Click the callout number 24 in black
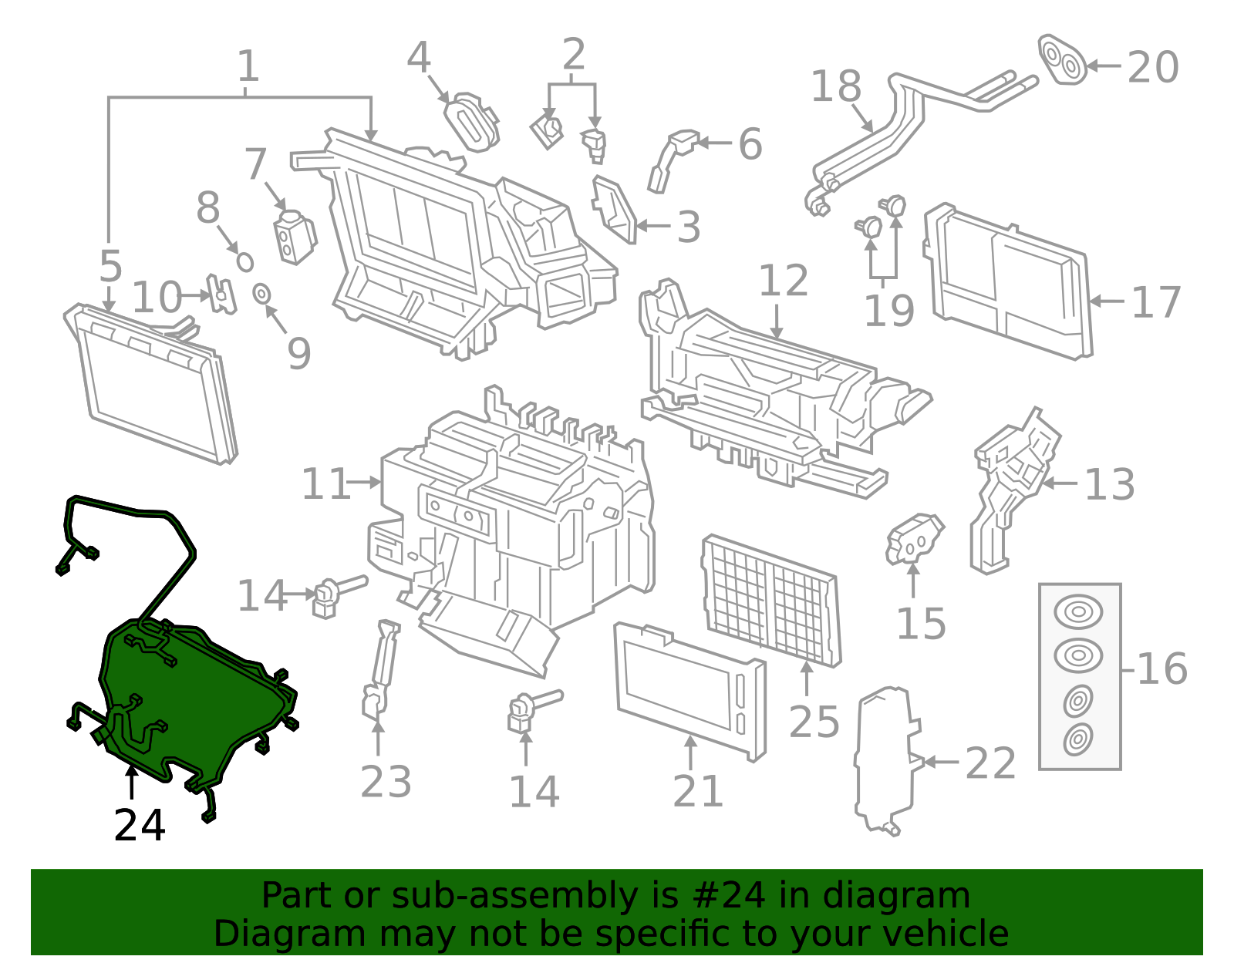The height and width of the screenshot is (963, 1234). [x=139, y=826]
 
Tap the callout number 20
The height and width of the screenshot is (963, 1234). [x=1152, y=68]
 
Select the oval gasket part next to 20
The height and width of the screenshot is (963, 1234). [x=1062, y=59]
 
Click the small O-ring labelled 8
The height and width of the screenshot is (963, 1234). [x=245, y=261]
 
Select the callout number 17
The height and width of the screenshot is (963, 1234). [x=1155, y=302]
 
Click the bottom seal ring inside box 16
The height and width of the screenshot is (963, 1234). [x=1077, y=739]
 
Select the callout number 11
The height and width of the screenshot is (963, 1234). [x=325, y=484]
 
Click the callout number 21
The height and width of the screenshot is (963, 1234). [x=697, y=791]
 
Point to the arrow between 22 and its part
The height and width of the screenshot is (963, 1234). [x=941, y=762]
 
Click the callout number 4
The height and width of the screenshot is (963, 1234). [x=418, y=58]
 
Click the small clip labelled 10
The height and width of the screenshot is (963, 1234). [x=221, y=294]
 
